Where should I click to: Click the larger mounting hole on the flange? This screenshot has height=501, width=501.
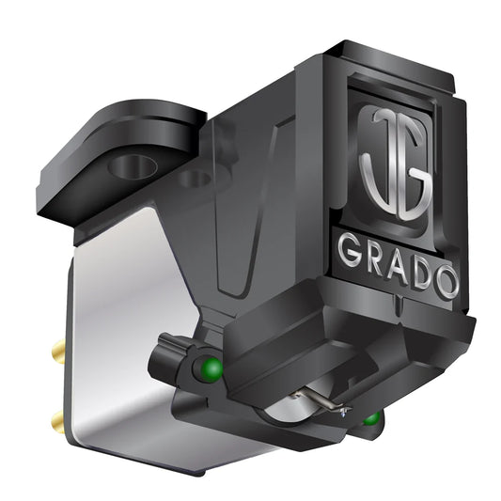point(132,167)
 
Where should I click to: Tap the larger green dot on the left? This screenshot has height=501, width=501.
point(212,366)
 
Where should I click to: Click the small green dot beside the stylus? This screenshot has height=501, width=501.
point(372,417)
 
